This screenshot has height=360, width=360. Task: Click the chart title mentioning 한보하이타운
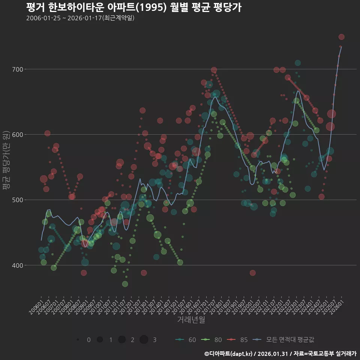click(133, 7)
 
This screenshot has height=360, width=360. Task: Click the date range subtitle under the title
click(80, 18)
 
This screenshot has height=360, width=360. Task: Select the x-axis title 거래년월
click(191, 320)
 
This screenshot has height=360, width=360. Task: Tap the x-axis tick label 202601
click(336, 304)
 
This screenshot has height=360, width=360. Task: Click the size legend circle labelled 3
click(144, 340)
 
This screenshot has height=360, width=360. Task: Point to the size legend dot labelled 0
click(78, 340)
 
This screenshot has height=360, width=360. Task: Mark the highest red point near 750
click(341, 37)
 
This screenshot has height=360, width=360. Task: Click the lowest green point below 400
click(125, 284)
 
